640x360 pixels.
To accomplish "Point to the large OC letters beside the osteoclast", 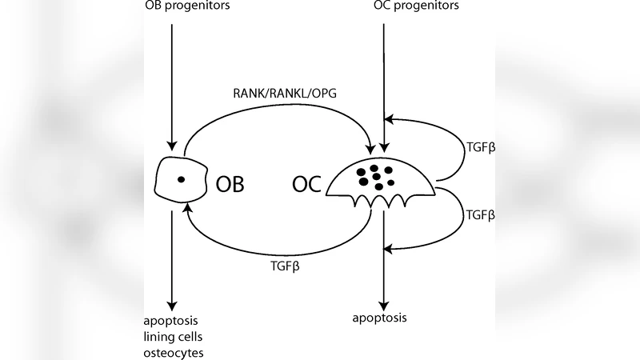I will [306, 184].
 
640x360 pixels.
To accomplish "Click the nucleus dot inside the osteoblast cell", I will [181, 179].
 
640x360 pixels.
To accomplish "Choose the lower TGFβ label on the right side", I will [480, 215].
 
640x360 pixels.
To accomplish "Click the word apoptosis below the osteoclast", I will [380, 318].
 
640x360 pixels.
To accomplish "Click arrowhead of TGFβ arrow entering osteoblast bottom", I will [187, 207].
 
